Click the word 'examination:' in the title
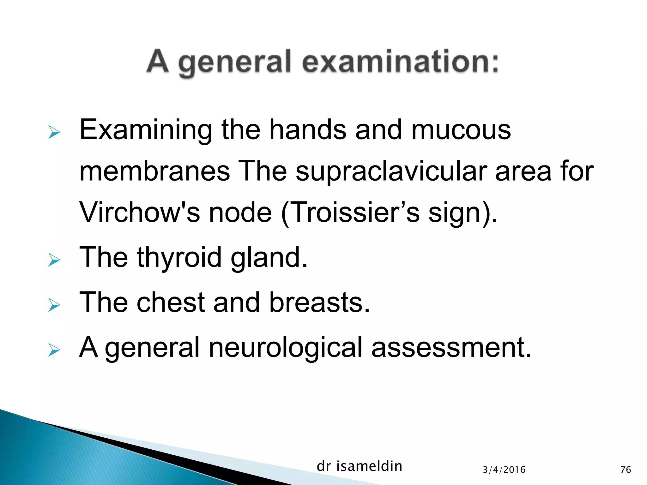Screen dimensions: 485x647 (x=400, y=62)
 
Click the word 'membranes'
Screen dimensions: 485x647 (x=154, y=171)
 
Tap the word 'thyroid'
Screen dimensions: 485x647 (x=179, y=258)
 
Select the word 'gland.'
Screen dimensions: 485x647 (x=269, y=258)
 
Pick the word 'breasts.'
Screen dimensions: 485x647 (x=319, y=302)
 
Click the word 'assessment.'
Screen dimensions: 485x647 (x=451, y=348)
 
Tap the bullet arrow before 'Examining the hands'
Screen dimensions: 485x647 (x=54, y=132)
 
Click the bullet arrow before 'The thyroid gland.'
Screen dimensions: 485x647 (x=54, y=260)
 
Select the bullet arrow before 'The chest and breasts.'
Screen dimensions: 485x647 (x=54, y=305)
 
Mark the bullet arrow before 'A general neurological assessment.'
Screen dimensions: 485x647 (x=54, y=350)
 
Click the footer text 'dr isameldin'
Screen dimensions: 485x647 (x=359, y=466)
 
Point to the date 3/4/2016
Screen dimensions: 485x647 (x=504, y=470)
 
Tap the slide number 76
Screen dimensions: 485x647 (x=626, y=470)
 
